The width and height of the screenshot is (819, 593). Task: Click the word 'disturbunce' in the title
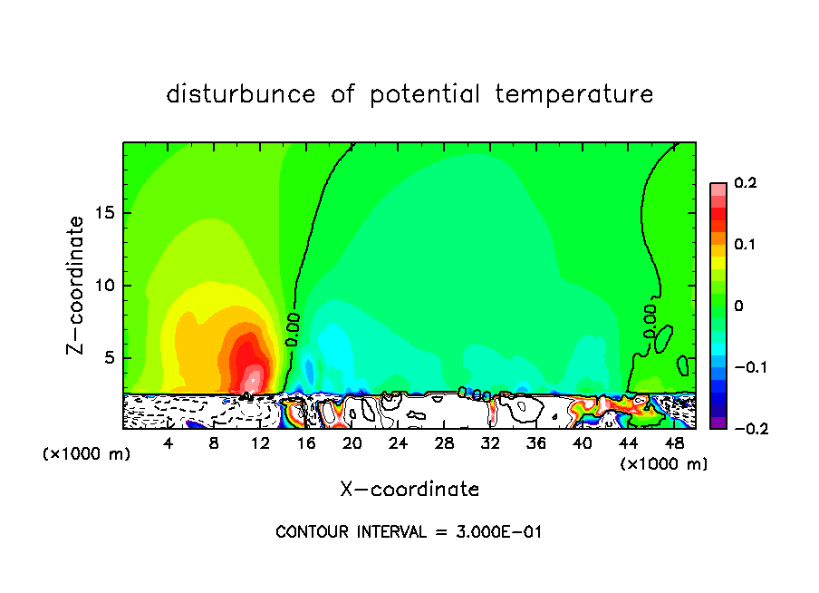point(241,94)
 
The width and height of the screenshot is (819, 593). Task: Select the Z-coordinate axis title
point(77,285)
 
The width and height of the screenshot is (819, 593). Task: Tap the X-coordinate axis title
point(409,490)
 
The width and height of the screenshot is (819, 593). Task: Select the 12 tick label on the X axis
point(261,443)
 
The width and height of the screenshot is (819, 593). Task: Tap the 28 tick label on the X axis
point(445,443)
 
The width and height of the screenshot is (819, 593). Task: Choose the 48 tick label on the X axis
point(674,443)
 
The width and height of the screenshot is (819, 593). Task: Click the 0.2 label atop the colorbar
point(745,183)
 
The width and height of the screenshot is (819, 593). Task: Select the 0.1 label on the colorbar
point(745,245)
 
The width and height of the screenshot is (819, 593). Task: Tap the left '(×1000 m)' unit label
point(87,453)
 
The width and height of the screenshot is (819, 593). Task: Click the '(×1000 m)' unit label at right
point(664,464)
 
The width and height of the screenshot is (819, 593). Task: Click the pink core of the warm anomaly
point(254,378)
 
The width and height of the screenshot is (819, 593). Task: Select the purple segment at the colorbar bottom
point(718,423)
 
